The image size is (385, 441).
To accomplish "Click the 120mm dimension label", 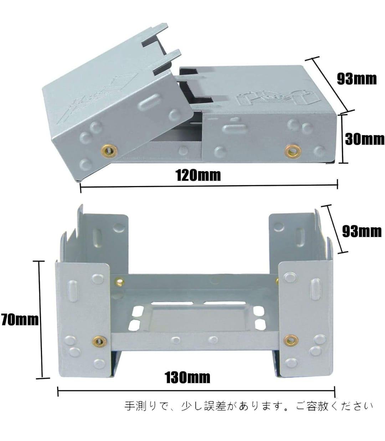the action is [199, 175].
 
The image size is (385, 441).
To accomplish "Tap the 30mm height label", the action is [365, 139].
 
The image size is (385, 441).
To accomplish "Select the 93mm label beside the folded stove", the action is [357, 79].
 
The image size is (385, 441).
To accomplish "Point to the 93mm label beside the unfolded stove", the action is [362, 232].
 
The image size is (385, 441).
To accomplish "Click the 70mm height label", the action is [20, 321].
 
